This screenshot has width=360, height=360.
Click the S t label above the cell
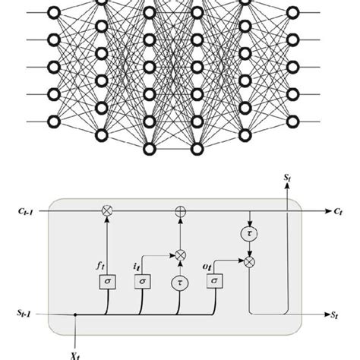point(286,177)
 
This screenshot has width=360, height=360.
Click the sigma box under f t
point(106,283)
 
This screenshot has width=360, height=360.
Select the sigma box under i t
point(141,283)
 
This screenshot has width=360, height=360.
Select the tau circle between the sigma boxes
point(179,283)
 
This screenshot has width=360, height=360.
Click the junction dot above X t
point(77,312)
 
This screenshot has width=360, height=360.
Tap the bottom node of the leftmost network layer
point(53,120)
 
